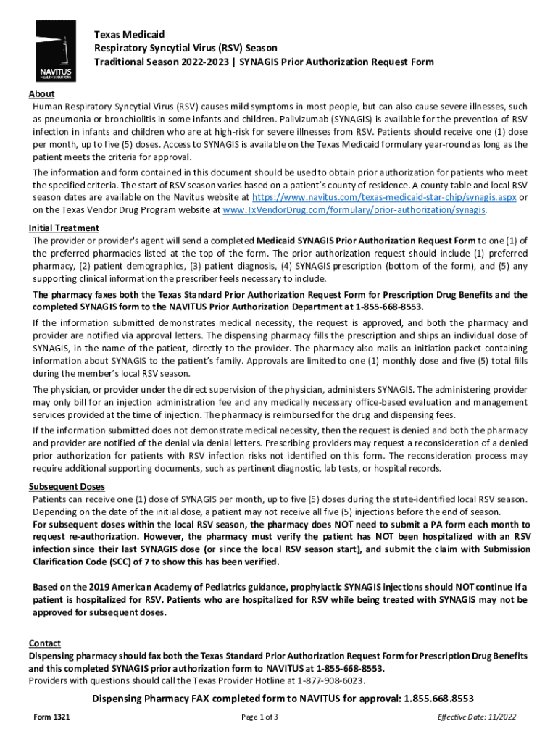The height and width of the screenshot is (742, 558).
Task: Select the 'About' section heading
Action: [x=41, y=94]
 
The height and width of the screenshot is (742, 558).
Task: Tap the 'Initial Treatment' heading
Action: [x=64, y=229]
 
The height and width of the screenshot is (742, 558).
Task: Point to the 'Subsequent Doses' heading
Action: [x=67, y=486]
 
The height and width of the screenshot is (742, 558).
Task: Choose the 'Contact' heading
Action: [x=44, y=643]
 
